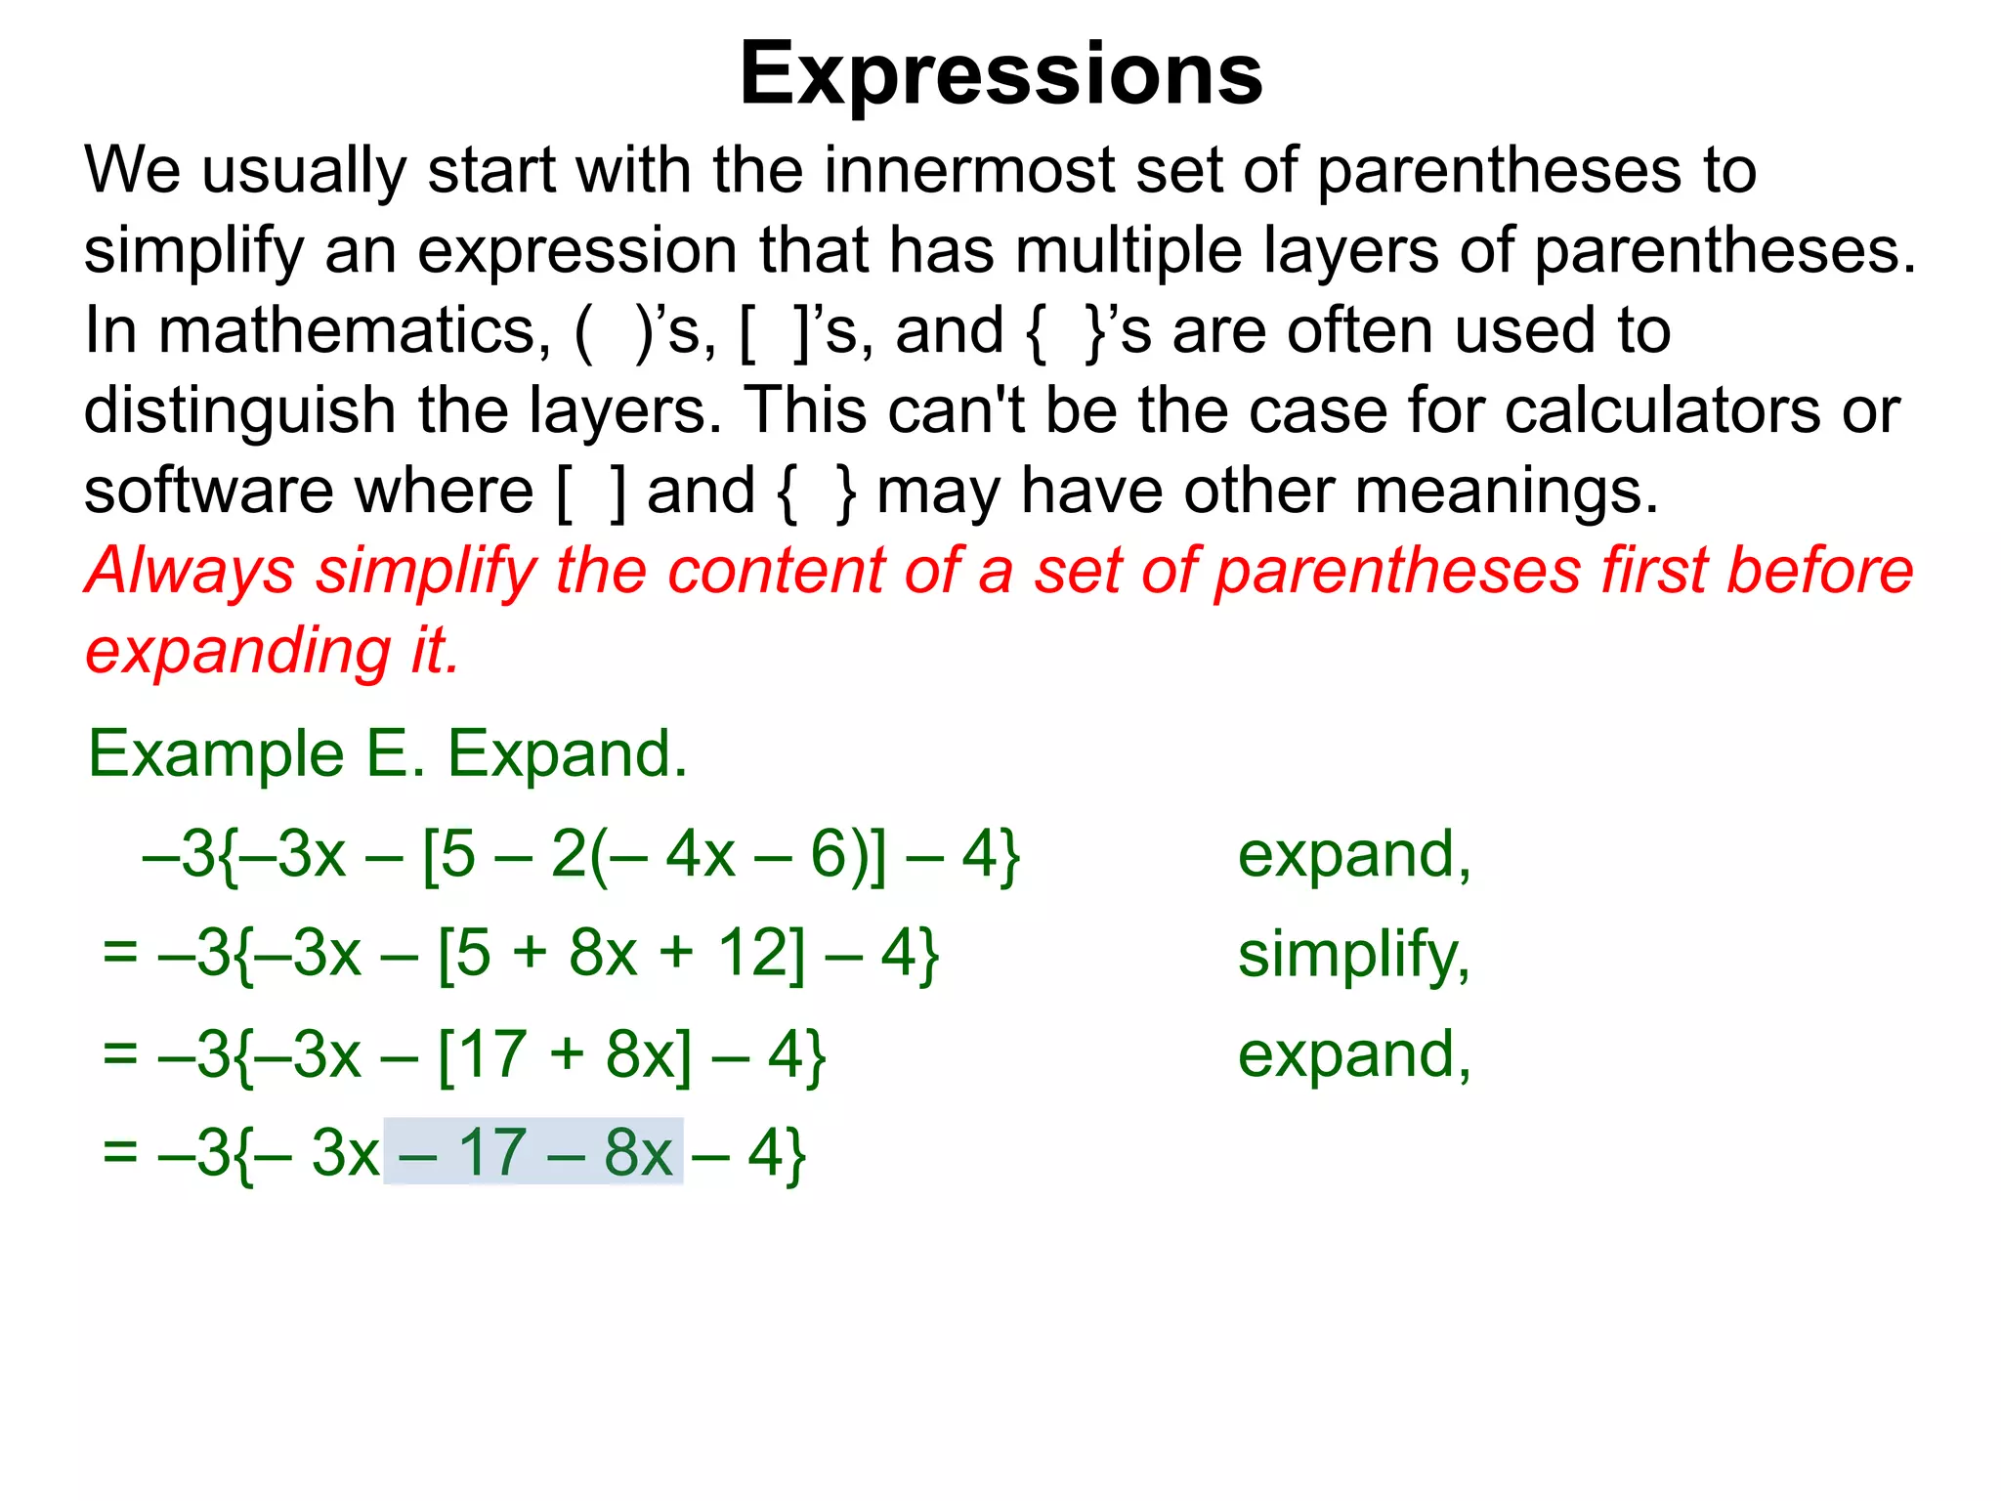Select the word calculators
(1662, 410)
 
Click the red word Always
(190, 571)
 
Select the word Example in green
(216, 754)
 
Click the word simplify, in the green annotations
(1353, 956)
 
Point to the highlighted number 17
(492, 1153)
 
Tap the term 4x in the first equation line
(700, 855)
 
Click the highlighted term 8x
(638, 1153)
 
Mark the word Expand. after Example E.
(567, 754)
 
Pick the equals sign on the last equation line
(120, 1153)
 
